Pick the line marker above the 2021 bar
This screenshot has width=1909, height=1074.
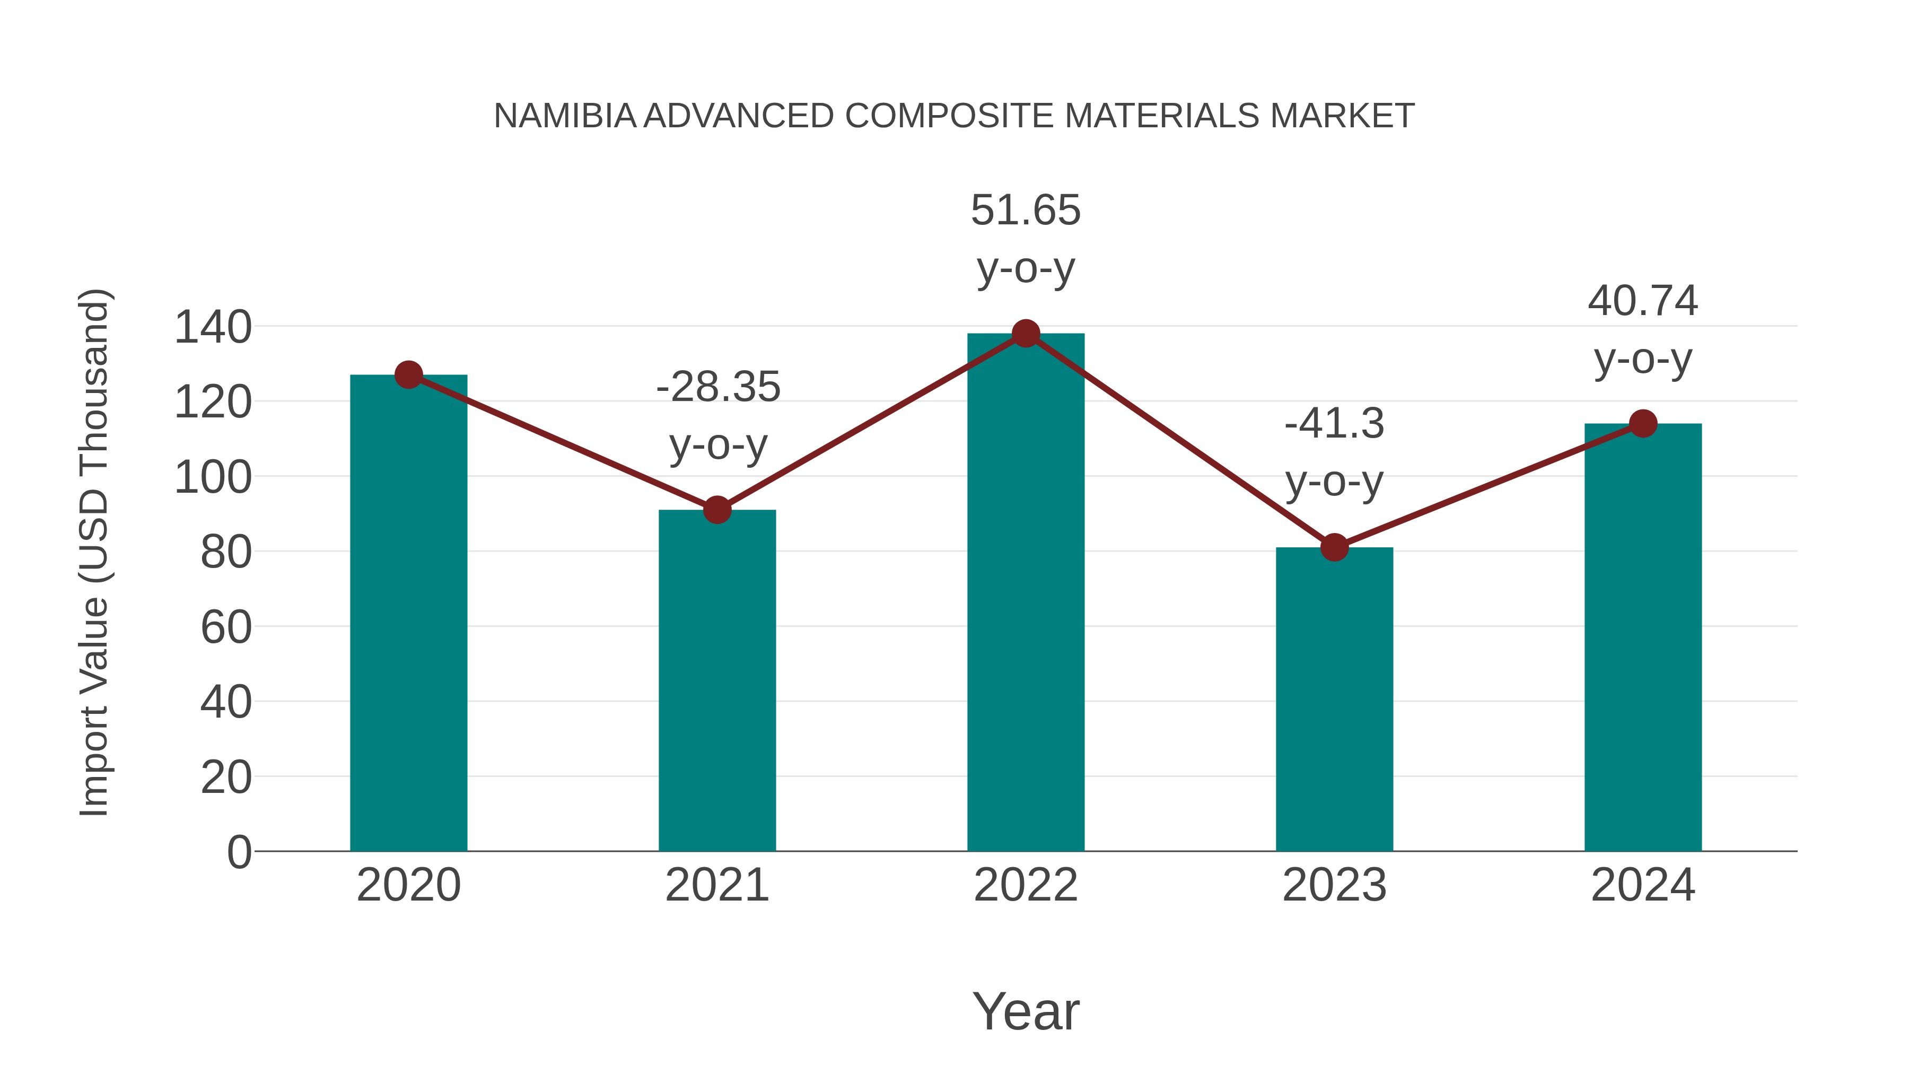(x=716, y=510)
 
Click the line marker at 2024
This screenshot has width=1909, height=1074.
(x=1643, y=423)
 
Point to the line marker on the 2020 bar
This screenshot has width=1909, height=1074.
(x=408, y=375)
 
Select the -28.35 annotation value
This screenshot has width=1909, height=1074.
(x=718, y=387)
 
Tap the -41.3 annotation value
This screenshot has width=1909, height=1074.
(x=1334, y=424)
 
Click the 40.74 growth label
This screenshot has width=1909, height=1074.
(x=1643, y=301)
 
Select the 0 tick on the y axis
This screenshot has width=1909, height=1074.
(x=239, y=852)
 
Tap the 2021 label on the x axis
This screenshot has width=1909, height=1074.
(x=716, y=885)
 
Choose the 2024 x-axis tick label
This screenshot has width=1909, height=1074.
(x=1643, y=885)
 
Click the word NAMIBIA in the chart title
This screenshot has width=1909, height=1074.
(x=565, y=116)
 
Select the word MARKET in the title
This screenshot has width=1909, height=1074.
(x=1342, y=116)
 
